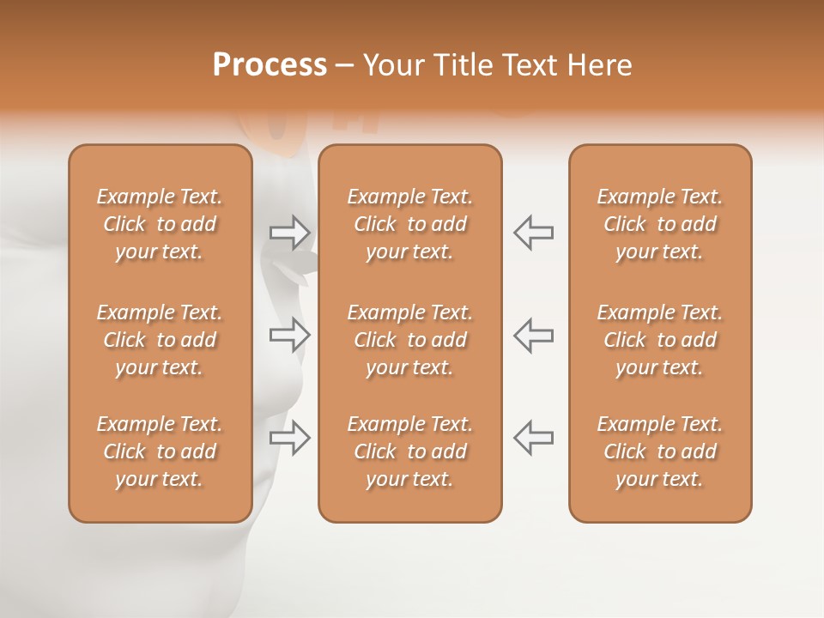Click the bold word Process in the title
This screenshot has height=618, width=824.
tap(270, 65)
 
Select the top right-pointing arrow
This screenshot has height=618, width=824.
tap(290, 232)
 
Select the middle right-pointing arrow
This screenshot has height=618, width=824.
tap(290, 335)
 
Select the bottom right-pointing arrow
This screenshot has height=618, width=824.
tap(290, 437)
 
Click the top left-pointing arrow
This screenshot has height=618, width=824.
tap(533, 232)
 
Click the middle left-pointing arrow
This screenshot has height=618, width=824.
tap(533, 335)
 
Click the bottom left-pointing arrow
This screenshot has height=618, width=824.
tap(533, 437)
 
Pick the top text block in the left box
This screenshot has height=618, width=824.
tap(160, 224)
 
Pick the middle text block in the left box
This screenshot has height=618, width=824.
tap(160, 340)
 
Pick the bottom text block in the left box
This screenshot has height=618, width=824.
tap(160, 451)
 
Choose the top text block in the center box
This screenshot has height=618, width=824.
tap(410, 224)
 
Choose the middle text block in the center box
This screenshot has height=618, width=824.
tap(410, 340)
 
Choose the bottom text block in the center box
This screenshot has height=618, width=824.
tap(410, 451)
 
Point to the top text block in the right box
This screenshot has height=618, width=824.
tap(660, 224)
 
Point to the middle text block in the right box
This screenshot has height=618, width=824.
tap(660, 340)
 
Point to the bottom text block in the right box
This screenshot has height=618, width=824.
tap(660, 451)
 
